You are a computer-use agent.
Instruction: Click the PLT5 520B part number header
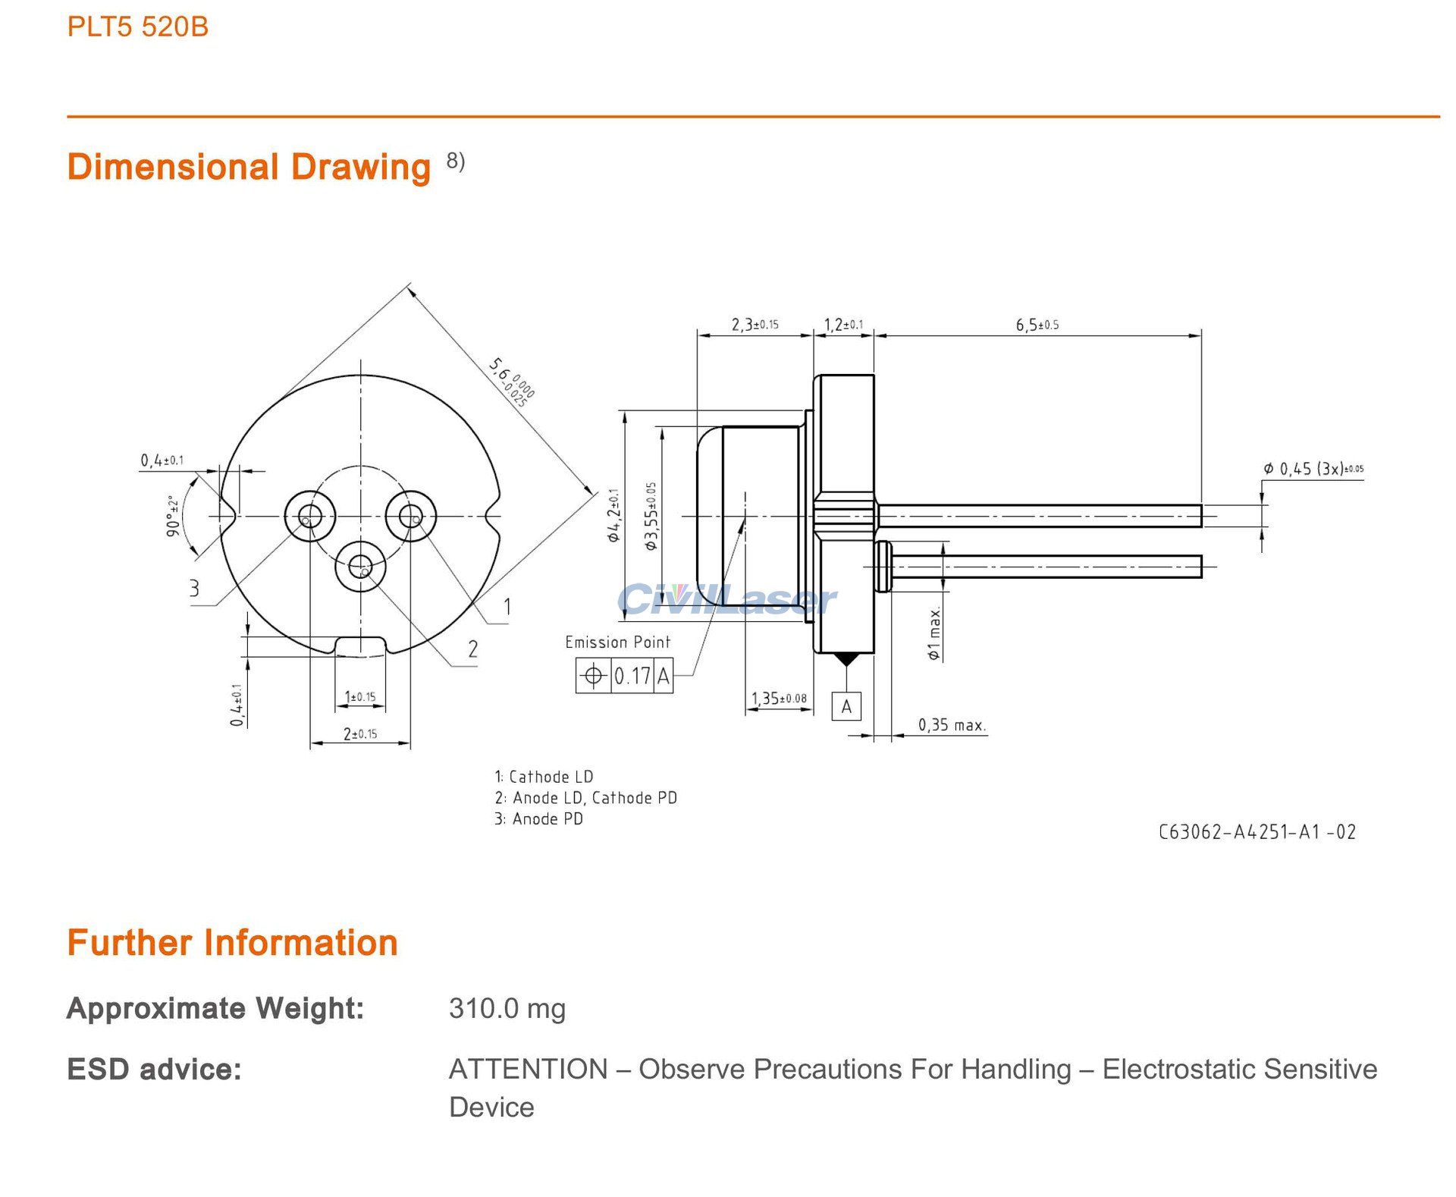point(137,27)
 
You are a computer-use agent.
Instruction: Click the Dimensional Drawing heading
point(249,167)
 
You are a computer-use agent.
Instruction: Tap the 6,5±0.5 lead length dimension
point(1037,325)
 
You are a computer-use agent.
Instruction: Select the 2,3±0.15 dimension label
point(755,325)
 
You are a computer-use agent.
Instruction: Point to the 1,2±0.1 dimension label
point(843,325)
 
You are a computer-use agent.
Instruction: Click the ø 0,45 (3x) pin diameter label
point(1313,469)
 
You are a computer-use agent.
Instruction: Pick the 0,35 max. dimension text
point(952,726)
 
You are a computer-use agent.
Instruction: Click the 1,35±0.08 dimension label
point(779,699)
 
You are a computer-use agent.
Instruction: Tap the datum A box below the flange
point(846,707)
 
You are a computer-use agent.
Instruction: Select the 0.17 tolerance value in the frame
point(632,676)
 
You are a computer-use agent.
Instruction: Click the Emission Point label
point(617,642)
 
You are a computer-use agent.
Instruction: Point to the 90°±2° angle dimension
point(174,516)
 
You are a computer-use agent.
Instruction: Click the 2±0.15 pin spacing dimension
point(360,734)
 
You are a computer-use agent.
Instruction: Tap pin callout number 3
point(194,588)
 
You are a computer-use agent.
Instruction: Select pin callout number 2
point(472,649)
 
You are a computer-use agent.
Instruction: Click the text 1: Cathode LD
point(544,777)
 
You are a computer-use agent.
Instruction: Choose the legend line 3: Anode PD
point(538,819)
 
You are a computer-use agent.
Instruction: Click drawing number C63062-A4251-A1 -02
point(1257,832)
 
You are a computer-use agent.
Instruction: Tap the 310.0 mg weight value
point(507,1009)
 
